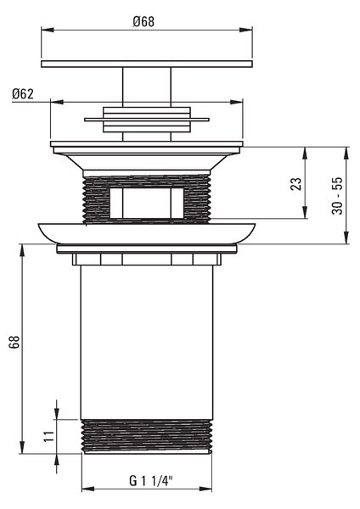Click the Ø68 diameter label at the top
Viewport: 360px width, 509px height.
pos(143,22)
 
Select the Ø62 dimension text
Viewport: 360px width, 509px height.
pos(23,94)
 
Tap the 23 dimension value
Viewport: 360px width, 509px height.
pos(296,184)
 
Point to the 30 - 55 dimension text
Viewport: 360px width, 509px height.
pos(338,195)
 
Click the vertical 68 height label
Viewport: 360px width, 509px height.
pos(14,342)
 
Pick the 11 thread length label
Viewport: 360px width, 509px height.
pos(49,436)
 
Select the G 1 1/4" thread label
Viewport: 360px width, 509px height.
pos(151,481)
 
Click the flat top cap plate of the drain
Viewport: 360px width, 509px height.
pos(147,64)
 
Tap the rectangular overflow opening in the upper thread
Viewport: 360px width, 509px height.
pos(147,203)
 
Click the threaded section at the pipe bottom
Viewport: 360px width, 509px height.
pos(147,436)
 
